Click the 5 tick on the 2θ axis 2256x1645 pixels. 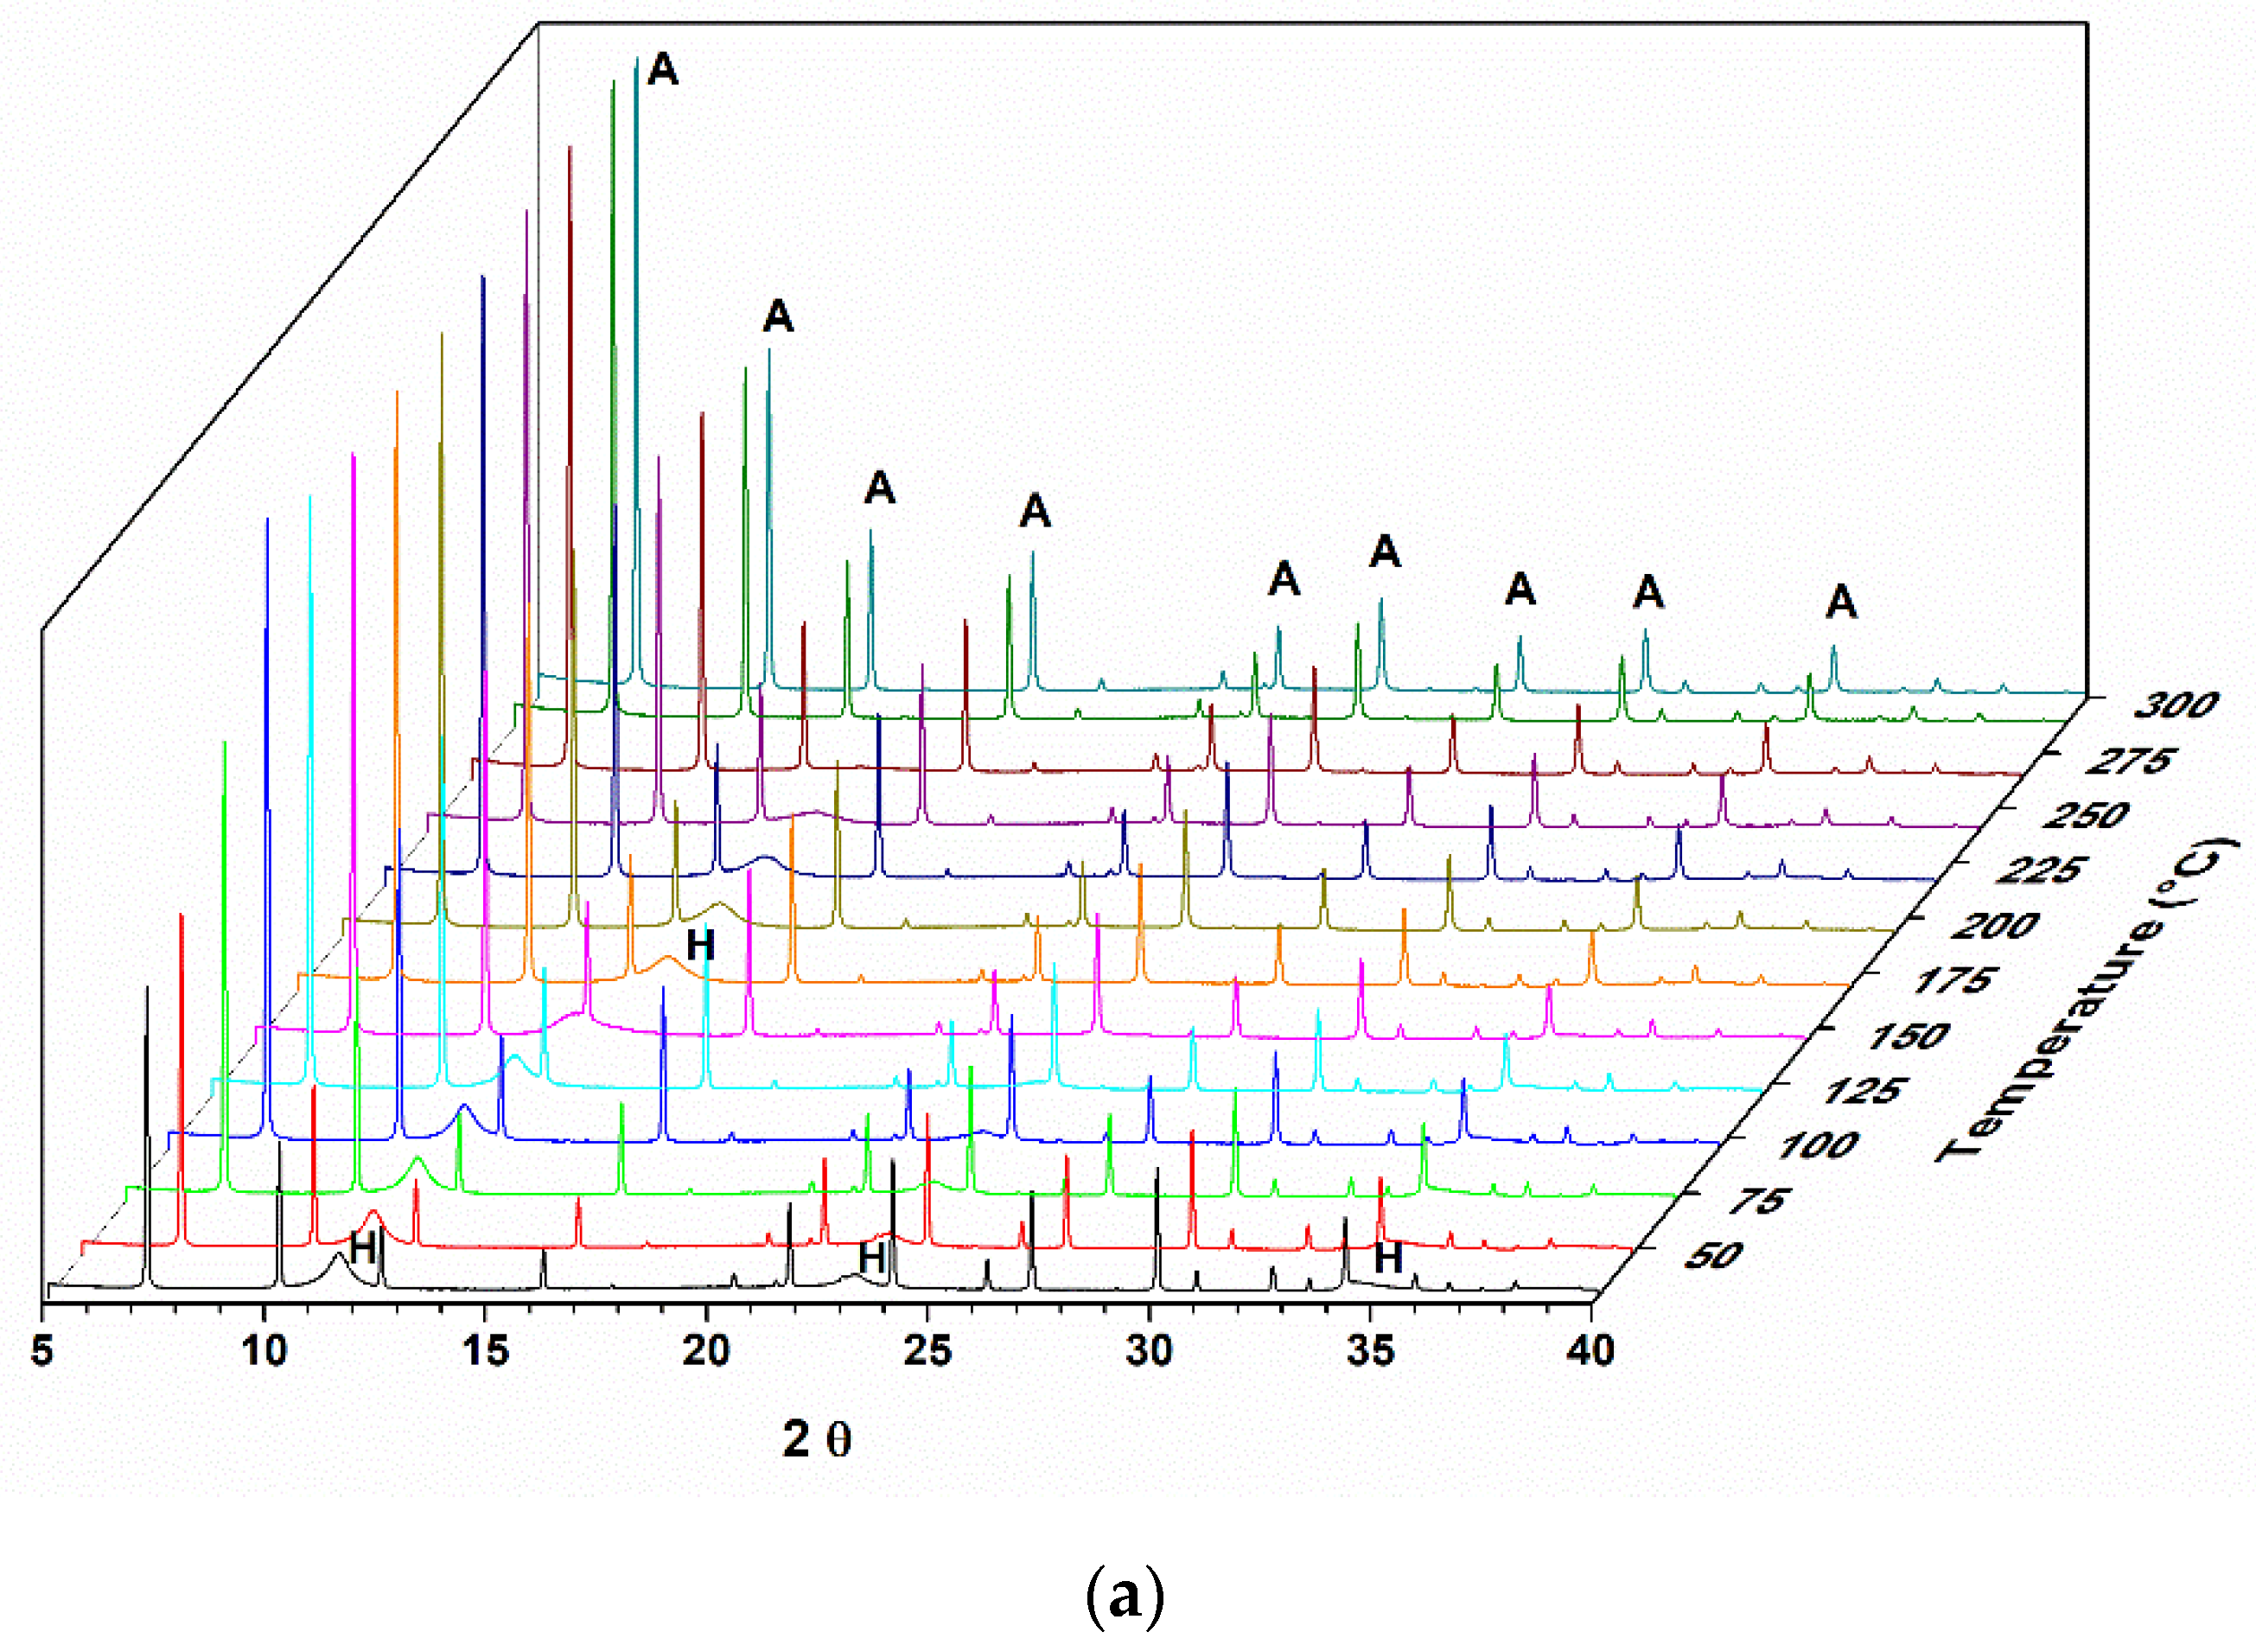[41, 1351]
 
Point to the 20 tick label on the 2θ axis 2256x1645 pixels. [706, 1351]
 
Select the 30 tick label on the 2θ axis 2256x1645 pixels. [1148, 1351]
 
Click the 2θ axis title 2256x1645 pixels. [816, 1440]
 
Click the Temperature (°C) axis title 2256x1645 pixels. [2086, 1001]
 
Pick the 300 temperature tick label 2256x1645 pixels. [2176, 706]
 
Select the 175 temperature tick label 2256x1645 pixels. [1952, 980]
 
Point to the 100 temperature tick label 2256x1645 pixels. [1817, 1145]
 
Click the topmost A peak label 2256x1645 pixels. [662, 70]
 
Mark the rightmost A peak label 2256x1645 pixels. [1841, 603]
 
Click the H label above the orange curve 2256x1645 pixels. [700, 945]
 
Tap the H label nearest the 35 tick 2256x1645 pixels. [1388, 1259]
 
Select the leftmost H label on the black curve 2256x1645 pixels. [362, 1247]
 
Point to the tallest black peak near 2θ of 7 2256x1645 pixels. [147, 989]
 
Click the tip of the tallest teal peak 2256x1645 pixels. [636, 59]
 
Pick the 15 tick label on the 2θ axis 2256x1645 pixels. [485, 1351]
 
